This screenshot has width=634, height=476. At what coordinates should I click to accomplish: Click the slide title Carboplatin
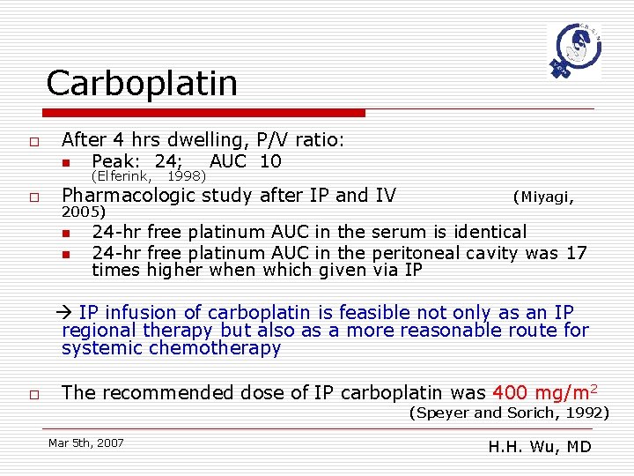pos(142,84)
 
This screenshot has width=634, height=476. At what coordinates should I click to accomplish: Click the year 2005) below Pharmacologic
pos(84,212)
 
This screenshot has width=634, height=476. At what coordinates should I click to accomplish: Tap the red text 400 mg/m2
pos(544,393)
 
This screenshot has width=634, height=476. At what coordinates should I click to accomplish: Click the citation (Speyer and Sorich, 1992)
pos(509,413)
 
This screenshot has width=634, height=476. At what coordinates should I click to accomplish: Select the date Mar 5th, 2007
pos(86,443)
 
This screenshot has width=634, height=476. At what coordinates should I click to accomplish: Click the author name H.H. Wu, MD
pos(540,446)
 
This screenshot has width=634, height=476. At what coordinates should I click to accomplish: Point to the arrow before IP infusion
pos(68,313)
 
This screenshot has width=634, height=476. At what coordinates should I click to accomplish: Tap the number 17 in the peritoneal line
pos(576,253)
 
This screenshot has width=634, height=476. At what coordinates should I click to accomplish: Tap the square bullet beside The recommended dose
pos(33,394)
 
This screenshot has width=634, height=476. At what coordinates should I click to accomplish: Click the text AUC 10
pos(246,161)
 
